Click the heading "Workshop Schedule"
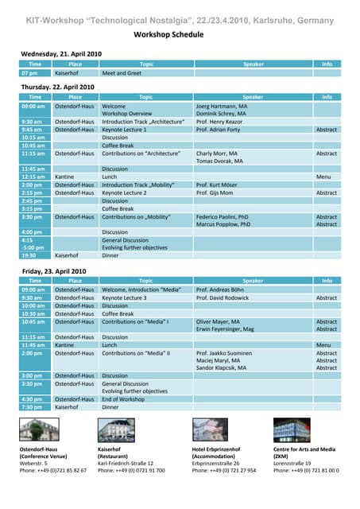point(180,35)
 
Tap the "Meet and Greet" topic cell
point(122,73)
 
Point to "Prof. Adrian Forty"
point(219,130)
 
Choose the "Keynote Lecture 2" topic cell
point(125,192)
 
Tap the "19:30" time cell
point(29,256)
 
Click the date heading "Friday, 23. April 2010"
point(52,271)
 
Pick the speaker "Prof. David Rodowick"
point(223,297)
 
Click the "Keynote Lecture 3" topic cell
point(125,297)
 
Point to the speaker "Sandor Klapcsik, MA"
point(221,367)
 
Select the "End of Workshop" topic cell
point(123,399)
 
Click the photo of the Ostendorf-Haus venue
point(39,430)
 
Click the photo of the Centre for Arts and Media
point(292,430)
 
